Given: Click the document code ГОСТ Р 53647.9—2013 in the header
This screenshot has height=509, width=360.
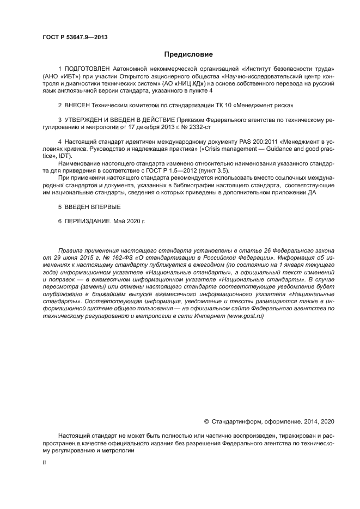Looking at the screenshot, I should click(75, 37).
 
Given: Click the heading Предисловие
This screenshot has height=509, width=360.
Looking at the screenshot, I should click(189, 54).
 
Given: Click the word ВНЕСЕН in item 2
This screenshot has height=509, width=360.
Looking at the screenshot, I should click(79, 104).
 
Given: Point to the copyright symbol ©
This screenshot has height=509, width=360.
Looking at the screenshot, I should click(206, 421).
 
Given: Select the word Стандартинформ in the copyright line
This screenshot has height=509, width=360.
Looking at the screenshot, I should click(237, 421).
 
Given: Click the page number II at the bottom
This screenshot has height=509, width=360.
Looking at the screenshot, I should click(44, 462).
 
